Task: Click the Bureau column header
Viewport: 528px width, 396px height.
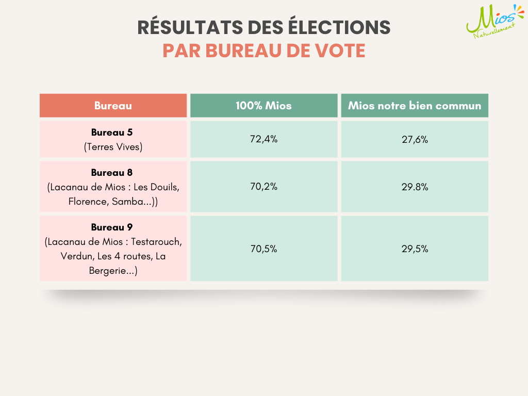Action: click(x=113, y=106)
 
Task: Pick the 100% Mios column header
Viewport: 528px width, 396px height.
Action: click(x=263, y=106)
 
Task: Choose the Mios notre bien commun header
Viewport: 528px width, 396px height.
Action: click(x=415, y=106)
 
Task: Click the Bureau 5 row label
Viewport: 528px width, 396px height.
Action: click(x=112, y=132)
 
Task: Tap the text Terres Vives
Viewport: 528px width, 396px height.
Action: click(x=113, y=147)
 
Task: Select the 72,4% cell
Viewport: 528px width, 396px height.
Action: click(x=263, y=139)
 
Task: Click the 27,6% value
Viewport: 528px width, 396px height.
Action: click(x=415, y=139)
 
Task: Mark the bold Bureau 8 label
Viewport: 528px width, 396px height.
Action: click(x=112, y=173)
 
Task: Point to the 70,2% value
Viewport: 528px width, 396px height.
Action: click(x=263, y=187)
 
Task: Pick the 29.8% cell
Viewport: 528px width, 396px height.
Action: click(x=415, y=187)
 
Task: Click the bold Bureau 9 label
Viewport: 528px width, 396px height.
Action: click(x=112, y=227)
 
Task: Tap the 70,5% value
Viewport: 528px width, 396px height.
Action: click(x=263, y=249)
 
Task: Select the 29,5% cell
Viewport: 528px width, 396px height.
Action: click(x=415, y=249)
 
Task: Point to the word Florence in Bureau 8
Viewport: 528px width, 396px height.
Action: click(x=87, y=202)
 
